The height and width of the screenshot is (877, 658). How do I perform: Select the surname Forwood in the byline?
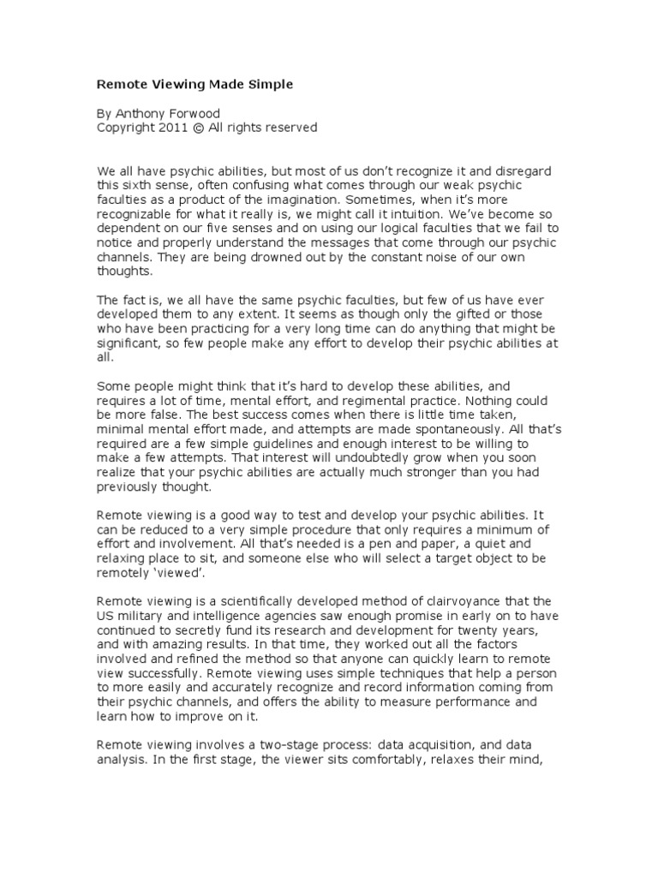click(x=201, y=113)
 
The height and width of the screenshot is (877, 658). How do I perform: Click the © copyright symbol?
click(x=200, y=128)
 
